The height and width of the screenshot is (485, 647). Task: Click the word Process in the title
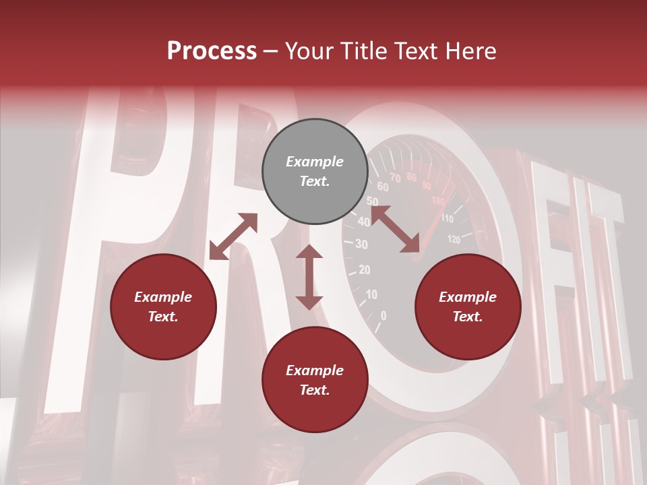(x=212, y=51)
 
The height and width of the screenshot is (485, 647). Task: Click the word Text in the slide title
(x=420, y=51)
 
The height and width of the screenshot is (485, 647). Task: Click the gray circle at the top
(x=315, y=172)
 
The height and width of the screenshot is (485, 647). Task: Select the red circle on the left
(x=163, y=307)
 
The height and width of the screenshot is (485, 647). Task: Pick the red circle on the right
(x=468, y=307)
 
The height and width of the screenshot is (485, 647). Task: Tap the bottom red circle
(x=315, y=380)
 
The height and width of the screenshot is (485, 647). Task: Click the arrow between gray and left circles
(x=233, y=236)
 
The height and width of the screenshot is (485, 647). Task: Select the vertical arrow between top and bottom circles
(x=309, y=277)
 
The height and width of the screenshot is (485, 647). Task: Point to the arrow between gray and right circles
(x=396, y=230)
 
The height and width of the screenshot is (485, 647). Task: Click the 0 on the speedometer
(x=383, y=315)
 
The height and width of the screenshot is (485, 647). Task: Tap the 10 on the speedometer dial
(x=371, y=294)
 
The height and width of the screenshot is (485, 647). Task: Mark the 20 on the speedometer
(x=364, y=270)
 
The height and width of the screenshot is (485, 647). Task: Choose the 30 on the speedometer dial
(x=361, y=245)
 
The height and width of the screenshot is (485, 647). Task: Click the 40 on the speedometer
(x=364, y=222)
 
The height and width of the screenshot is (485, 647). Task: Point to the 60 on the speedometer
(x=382, y=187)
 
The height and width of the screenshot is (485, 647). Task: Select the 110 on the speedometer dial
(x=447, y=219)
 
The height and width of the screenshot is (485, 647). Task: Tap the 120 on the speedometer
(x=454, y=238)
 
